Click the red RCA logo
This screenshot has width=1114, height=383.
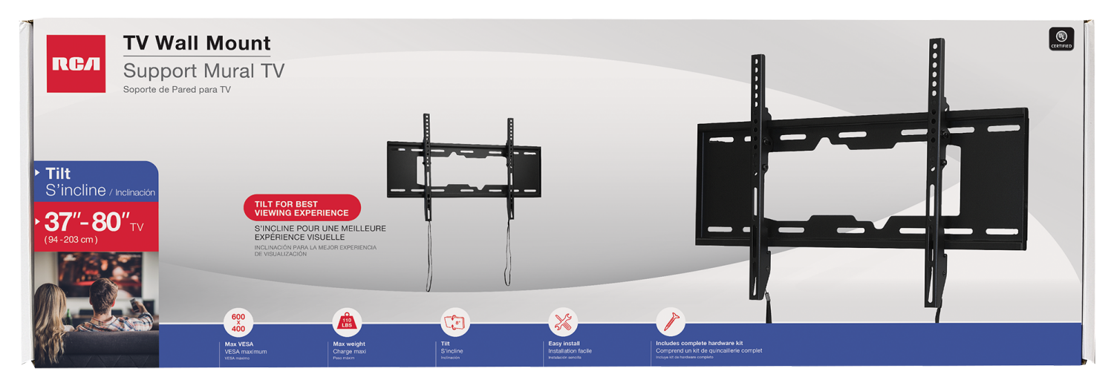click(76, 64)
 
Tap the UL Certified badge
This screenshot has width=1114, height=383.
click(1061, 39)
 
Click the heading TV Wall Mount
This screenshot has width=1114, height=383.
click(197, 43)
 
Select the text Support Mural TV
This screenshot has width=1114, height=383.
click(203, 71)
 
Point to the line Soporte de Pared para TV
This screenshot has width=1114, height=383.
click(177, 90)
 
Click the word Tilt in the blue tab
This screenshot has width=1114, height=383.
click(58, 173)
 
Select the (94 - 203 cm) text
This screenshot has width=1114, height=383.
click(71, 240)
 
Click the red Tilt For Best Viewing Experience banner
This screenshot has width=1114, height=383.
click(302, 209)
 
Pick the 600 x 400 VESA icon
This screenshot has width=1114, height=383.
click(238, 323)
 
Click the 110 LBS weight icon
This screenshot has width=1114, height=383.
click(346, 323)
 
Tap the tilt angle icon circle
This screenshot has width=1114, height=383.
click(455, 323)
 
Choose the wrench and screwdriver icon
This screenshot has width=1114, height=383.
click(562, 323)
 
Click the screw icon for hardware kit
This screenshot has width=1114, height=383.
click(670, 323)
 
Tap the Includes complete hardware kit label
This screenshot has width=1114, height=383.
click(699, 344)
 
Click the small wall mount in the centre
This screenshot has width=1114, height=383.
click(463, 171)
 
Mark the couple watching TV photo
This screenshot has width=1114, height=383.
click(95, 308)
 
